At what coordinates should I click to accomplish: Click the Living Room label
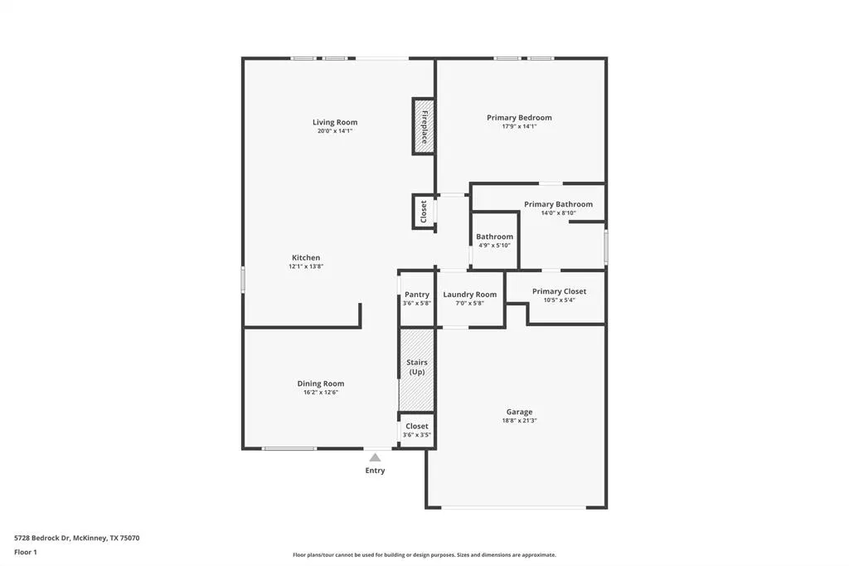335,123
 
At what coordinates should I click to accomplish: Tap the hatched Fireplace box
424,126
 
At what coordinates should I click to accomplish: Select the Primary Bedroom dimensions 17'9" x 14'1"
519,126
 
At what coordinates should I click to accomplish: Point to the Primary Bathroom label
558,204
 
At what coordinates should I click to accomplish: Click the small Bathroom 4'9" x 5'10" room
494,241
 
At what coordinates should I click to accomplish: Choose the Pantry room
417,298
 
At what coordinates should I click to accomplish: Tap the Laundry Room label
470,295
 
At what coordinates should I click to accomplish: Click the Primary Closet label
559,291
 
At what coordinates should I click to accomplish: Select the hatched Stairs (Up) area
416,369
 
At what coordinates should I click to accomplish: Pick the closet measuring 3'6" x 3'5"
417,430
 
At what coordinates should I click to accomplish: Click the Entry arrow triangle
375,457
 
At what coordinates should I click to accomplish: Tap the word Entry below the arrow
375,471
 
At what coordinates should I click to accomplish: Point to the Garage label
519,412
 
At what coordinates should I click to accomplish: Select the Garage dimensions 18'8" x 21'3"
519,421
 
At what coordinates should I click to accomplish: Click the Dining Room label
321,383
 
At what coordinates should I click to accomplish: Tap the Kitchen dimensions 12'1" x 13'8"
305,266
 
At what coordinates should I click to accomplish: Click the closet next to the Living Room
424,211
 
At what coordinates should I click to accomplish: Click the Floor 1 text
26,552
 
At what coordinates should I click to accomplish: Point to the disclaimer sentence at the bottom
424,554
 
